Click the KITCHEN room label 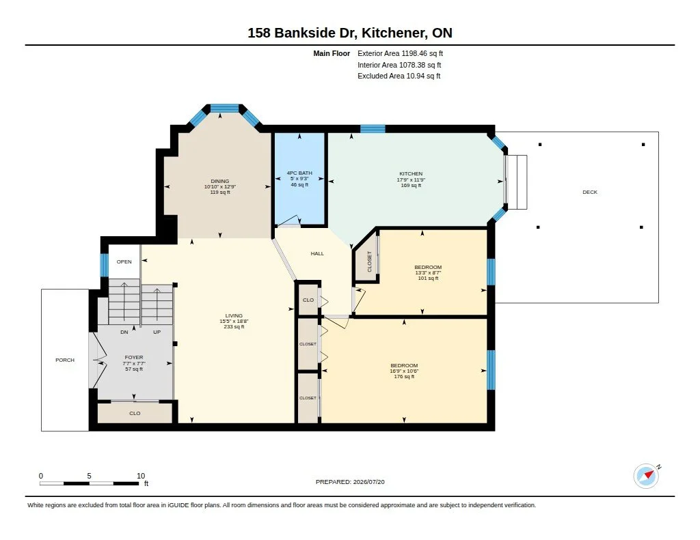(411, 174)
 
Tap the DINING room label (219, 181)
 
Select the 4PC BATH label (299, 173)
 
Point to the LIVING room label (234, 315)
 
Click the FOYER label (134, 357)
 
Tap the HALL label (317, 253)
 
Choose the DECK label (590, 193)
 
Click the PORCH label (65, 360)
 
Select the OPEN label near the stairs (124, 261)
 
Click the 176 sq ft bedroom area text (404, 376)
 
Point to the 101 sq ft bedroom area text (428, 279)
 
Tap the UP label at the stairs (157, 332)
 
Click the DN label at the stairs (124, 332)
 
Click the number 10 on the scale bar (141, 476)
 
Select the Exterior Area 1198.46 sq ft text (400, 53)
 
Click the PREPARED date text (350, 482)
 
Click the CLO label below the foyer (135, 413)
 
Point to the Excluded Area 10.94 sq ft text (399, 76)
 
